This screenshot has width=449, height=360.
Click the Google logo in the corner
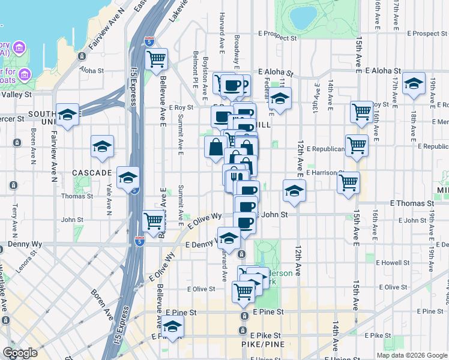click(x=20, y=353)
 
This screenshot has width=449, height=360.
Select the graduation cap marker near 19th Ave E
click(x=414, y=84)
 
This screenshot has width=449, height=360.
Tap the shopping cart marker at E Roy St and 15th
click(x=361, y=112)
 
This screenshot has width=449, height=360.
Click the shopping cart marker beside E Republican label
click(x=357, y=145)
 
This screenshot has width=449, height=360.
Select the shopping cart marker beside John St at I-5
click(x=154, y=221)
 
